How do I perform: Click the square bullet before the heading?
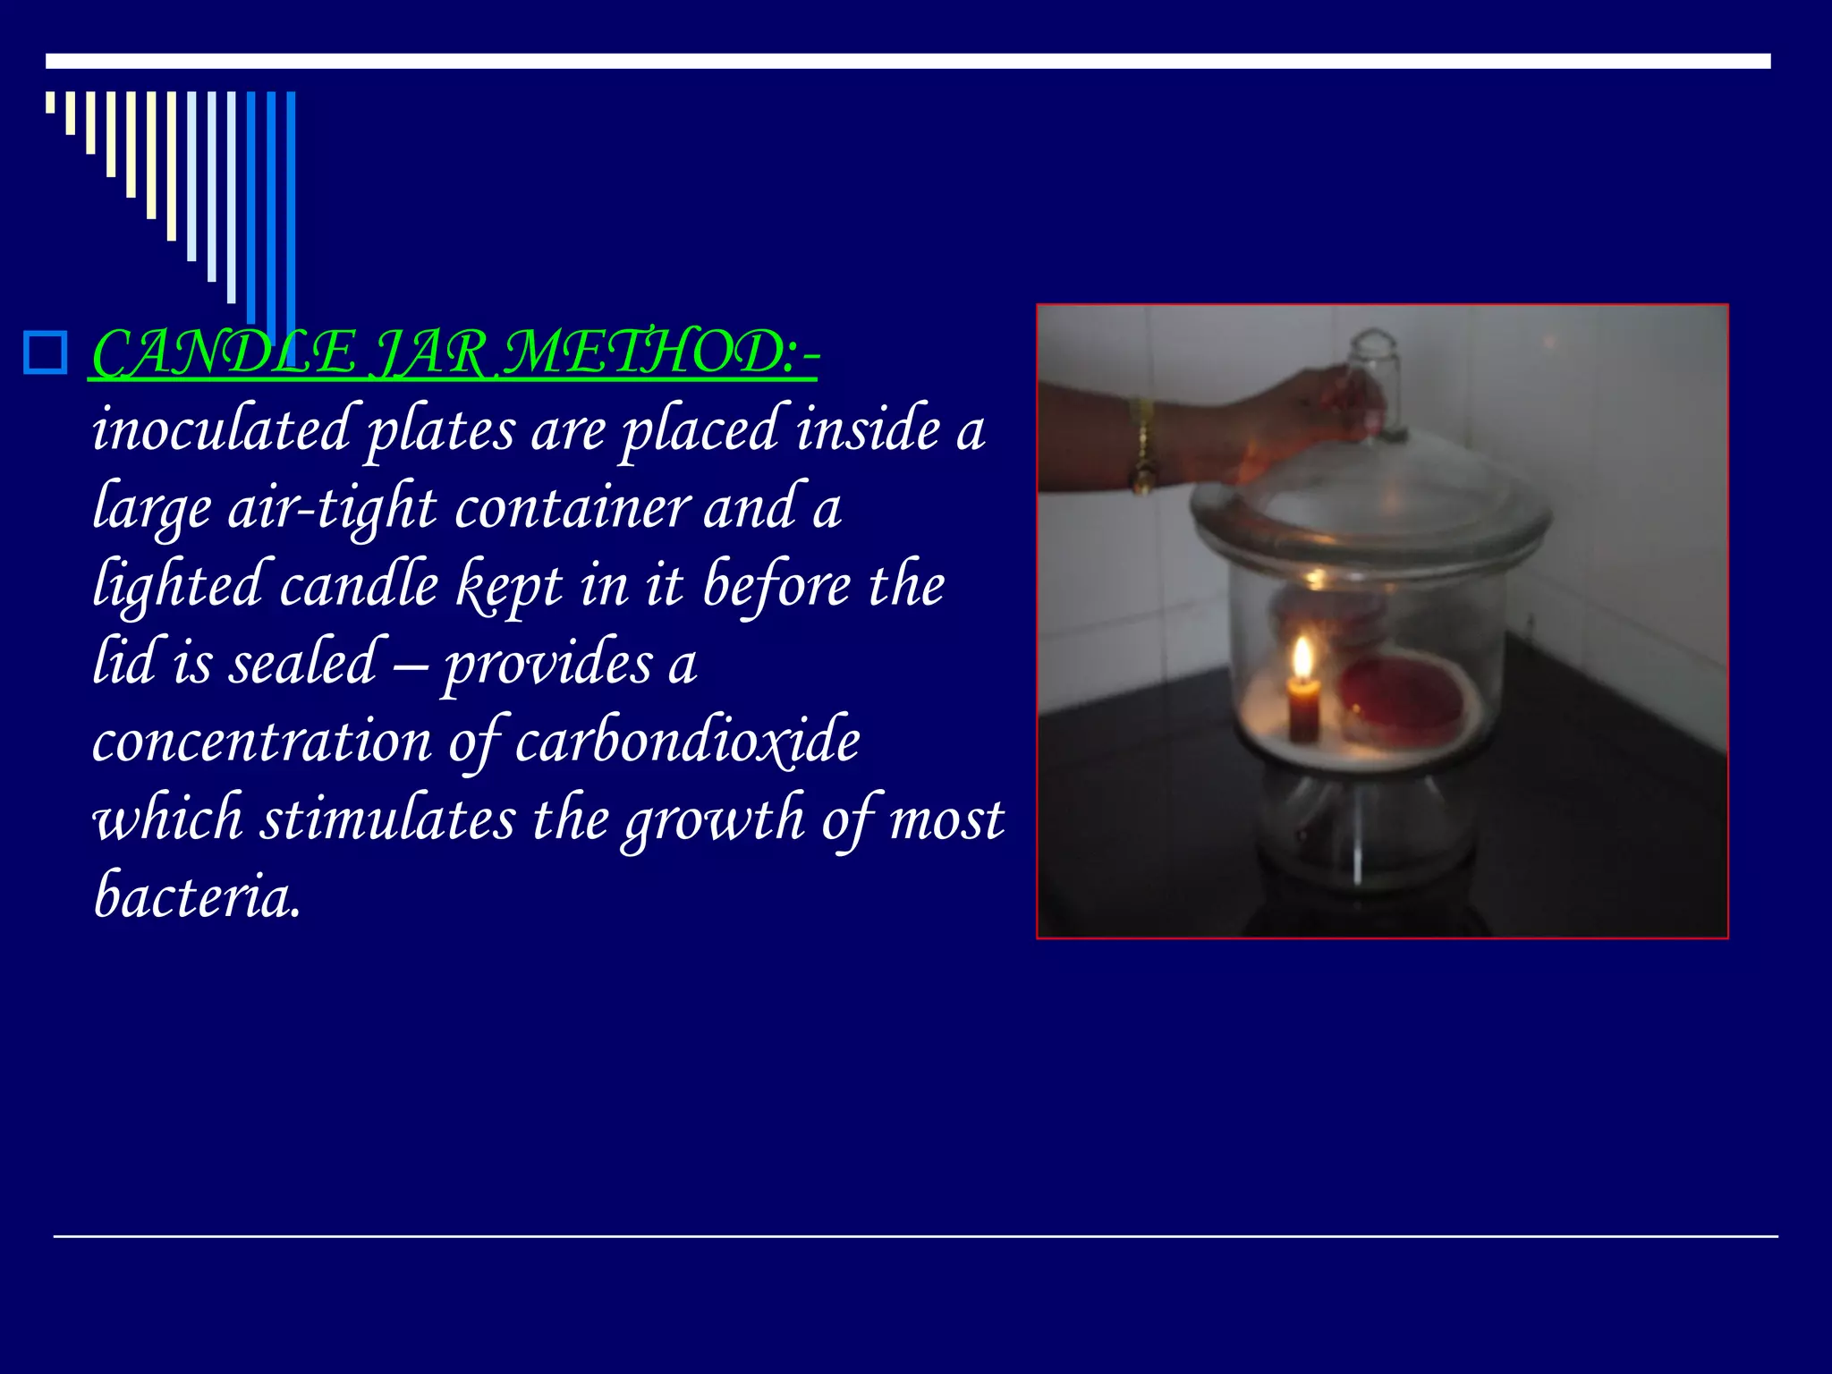[x=46, y=352]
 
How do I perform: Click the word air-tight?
[x=332, y=508]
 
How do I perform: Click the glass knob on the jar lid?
[x=1375, y=376]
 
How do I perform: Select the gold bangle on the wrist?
[x=1142, y=447]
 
